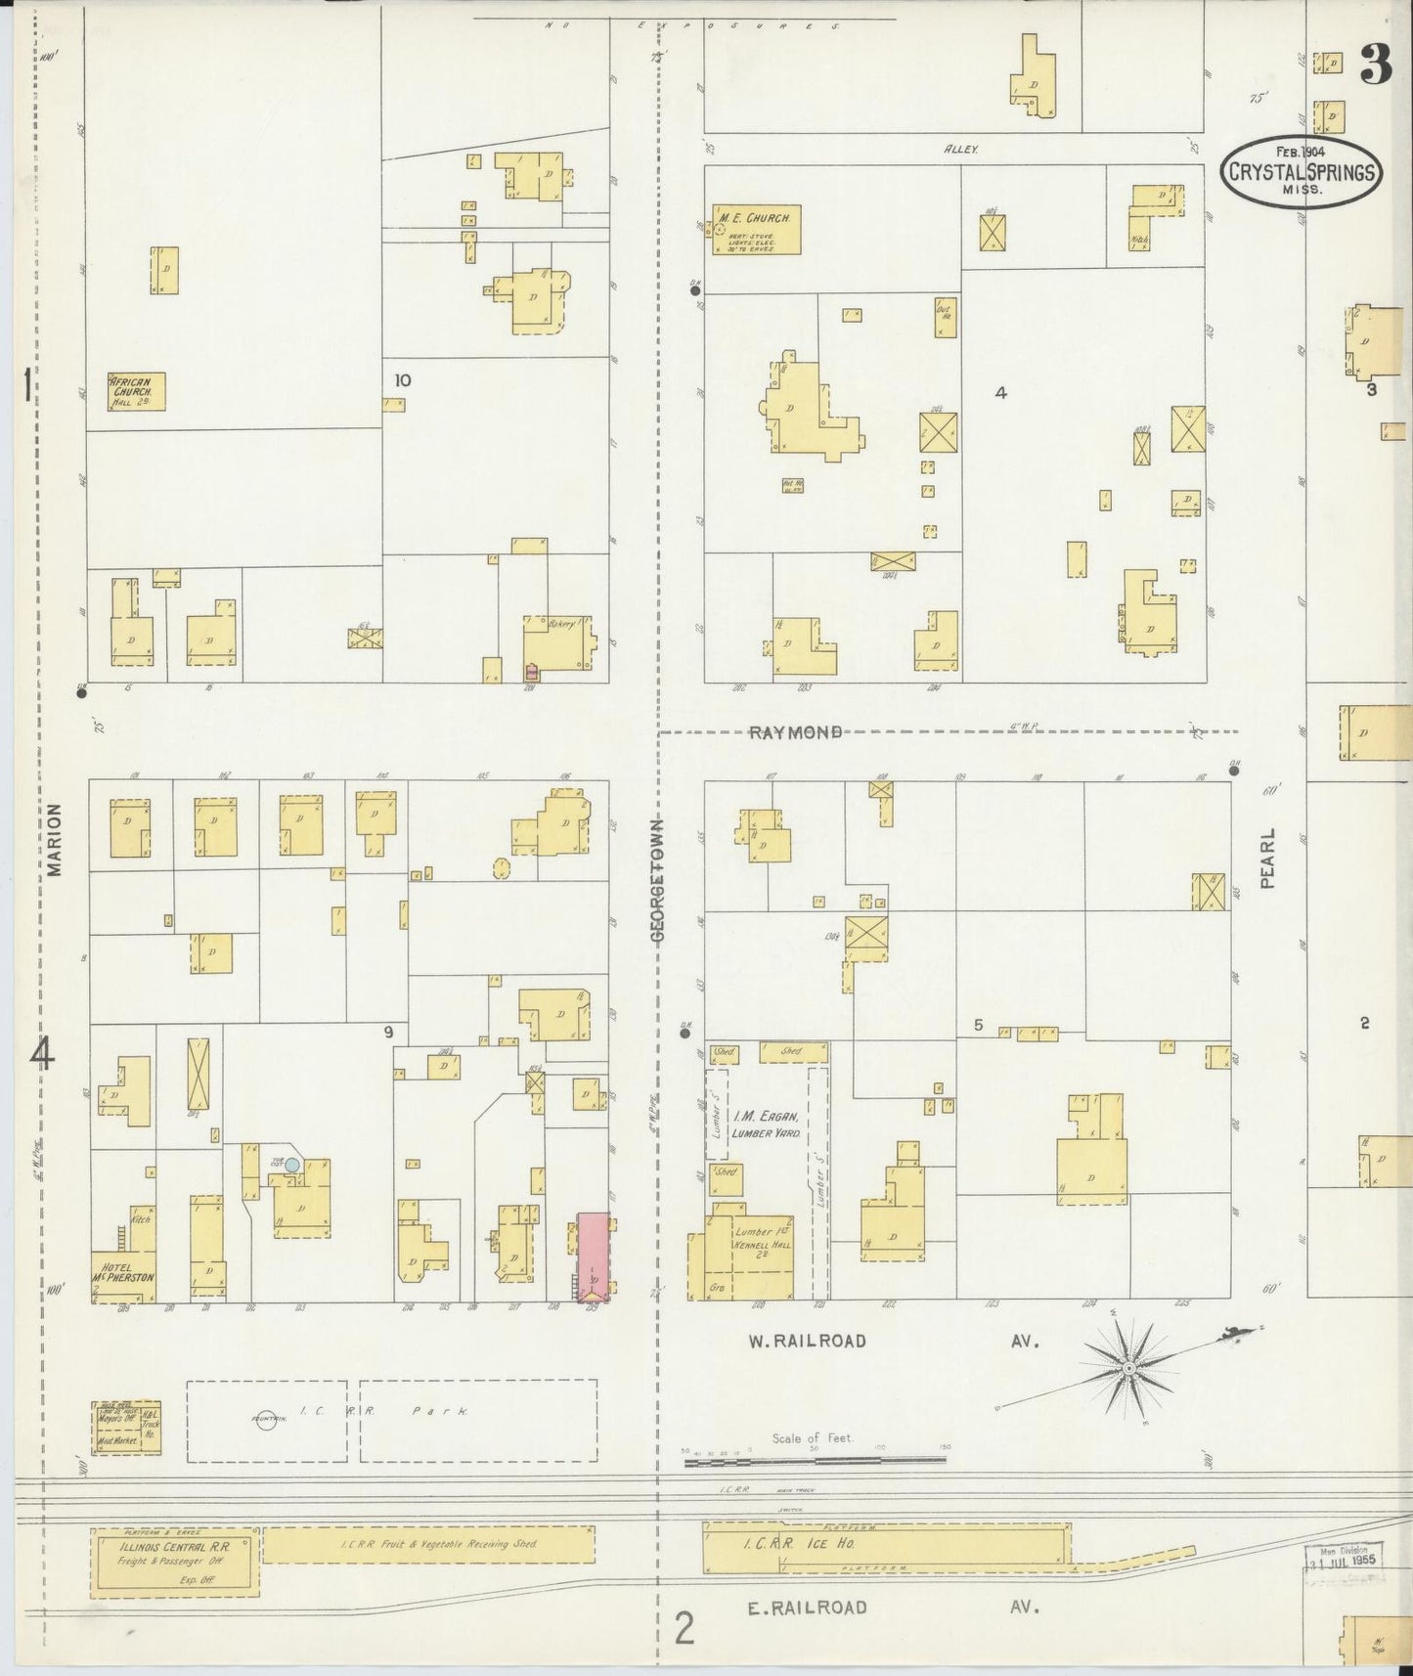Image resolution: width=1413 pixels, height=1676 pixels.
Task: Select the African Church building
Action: tap(136, 391)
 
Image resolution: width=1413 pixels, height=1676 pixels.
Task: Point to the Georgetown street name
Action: tap(657, 880)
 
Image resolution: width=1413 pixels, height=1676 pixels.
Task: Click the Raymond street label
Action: tap(795, 731)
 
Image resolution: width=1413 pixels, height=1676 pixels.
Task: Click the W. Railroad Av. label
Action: tap(807, 1341)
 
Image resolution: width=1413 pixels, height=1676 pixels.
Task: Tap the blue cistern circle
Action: tap(291, 1166)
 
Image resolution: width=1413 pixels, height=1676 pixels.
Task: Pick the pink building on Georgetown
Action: tap(593, 1257)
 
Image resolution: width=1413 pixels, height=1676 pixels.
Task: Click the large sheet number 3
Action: tap(1376, 68)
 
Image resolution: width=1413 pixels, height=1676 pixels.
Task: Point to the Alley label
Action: tap(960, 149)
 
